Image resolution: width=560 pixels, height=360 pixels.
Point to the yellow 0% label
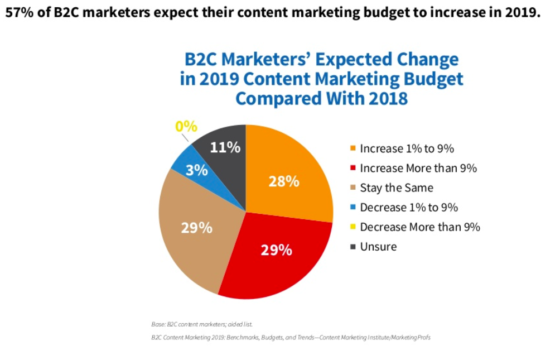[186, 126]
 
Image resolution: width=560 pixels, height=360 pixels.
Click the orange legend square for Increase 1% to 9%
[353, 149]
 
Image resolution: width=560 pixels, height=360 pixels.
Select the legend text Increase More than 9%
[418, 168]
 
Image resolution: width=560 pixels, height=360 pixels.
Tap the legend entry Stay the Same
[397, 188]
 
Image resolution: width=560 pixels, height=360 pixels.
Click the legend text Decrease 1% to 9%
[409, 207]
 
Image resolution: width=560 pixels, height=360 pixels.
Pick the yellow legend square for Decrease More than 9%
[353, 227]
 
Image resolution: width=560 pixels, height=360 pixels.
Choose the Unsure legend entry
[378, 246]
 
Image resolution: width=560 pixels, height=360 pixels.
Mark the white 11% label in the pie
[225, 147]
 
